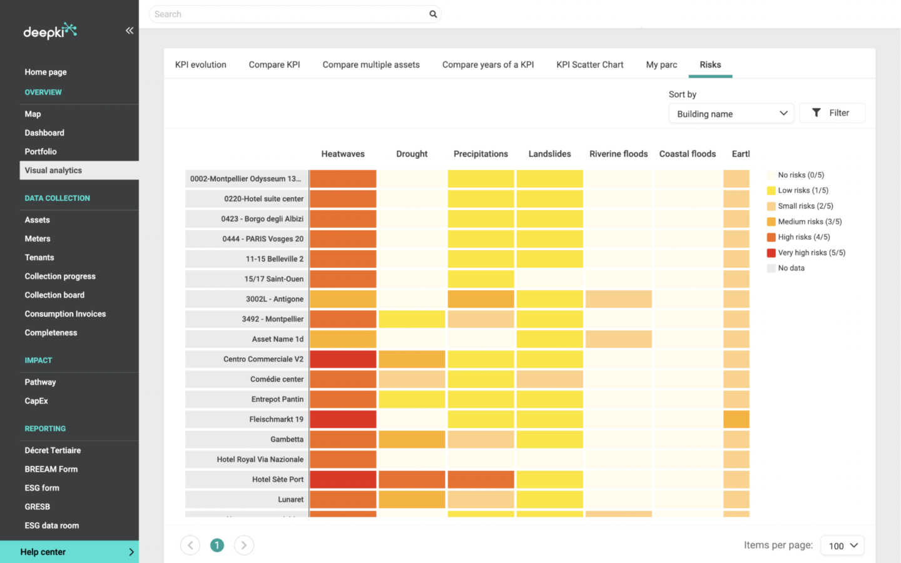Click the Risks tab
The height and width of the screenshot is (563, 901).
click(710, 64)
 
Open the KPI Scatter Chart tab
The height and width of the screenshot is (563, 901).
click(589, 64)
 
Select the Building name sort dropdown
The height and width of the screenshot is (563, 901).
click(731, 113)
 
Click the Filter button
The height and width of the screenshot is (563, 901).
click(832, 113)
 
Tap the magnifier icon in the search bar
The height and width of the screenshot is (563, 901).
click(433, 14)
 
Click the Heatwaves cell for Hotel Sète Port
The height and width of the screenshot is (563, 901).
click(343, 479)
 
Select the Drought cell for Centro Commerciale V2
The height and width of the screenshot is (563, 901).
click(412, 359)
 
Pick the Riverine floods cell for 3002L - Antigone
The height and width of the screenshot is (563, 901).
click(618, 299)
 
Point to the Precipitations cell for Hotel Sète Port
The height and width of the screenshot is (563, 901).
click(481, 479)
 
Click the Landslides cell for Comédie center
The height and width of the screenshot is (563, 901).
click(549, 379)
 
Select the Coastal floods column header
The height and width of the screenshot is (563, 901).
click(687, 154)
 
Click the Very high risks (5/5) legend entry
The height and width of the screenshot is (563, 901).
click(811, 253)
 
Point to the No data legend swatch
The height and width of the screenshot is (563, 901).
click(771, 268)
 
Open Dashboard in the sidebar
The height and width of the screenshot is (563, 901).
click(44, 133)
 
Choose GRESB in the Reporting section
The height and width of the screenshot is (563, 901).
click(38, 507)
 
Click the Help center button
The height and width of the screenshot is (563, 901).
click(69, 552)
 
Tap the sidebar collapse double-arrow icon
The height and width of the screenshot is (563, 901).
click(129, 31)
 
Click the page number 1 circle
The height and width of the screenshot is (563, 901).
click(217, 545)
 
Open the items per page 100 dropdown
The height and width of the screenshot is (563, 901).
click(842, 545)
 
